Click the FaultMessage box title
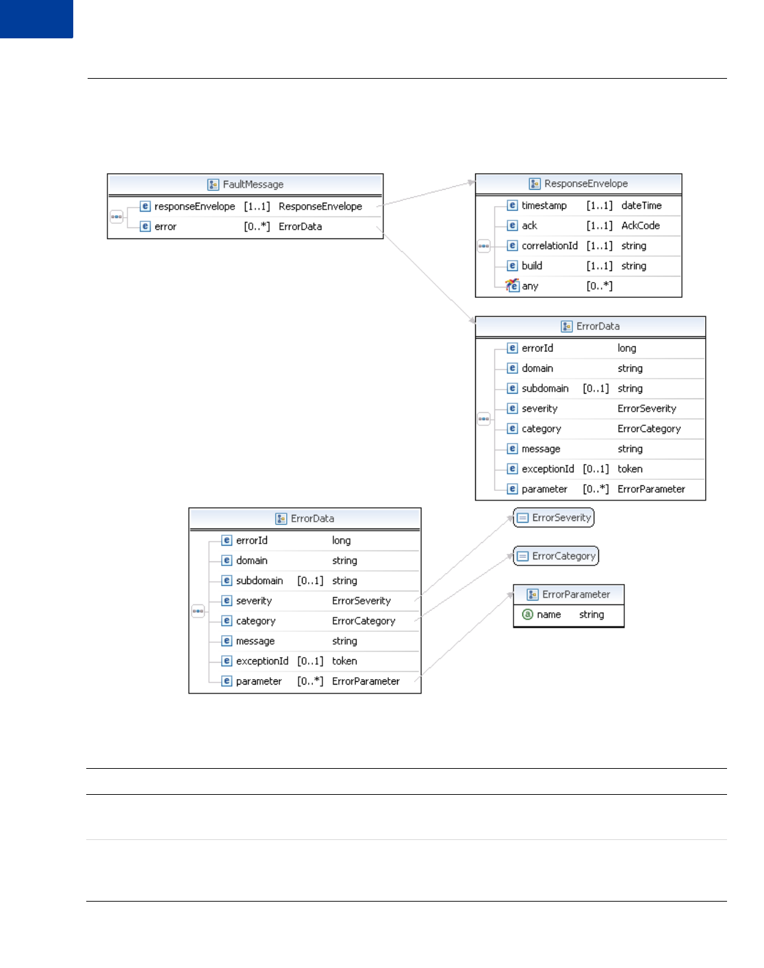pos(253,184)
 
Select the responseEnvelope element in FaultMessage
pos(194,206)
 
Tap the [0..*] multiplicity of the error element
pos(257,227)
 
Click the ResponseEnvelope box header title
pos(585,183)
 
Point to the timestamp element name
pos(544,205)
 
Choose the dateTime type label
pos(641,205)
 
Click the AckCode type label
pos(641,225)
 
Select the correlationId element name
pos(550,246)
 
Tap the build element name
pos(532,266)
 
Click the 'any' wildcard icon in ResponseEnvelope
pos(512,285)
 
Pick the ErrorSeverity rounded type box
pos(554,518)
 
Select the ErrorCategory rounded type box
pos(556,556)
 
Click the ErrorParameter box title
pos(576,594)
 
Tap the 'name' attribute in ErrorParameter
pos(548,615)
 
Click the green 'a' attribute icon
pos(527,615)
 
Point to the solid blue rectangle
pos(36,18)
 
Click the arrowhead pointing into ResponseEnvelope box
pos(472,182)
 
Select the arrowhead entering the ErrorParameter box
pos(510,595)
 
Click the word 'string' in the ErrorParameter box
pos(591,615)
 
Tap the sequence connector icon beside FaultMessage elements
pos(116,217)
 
